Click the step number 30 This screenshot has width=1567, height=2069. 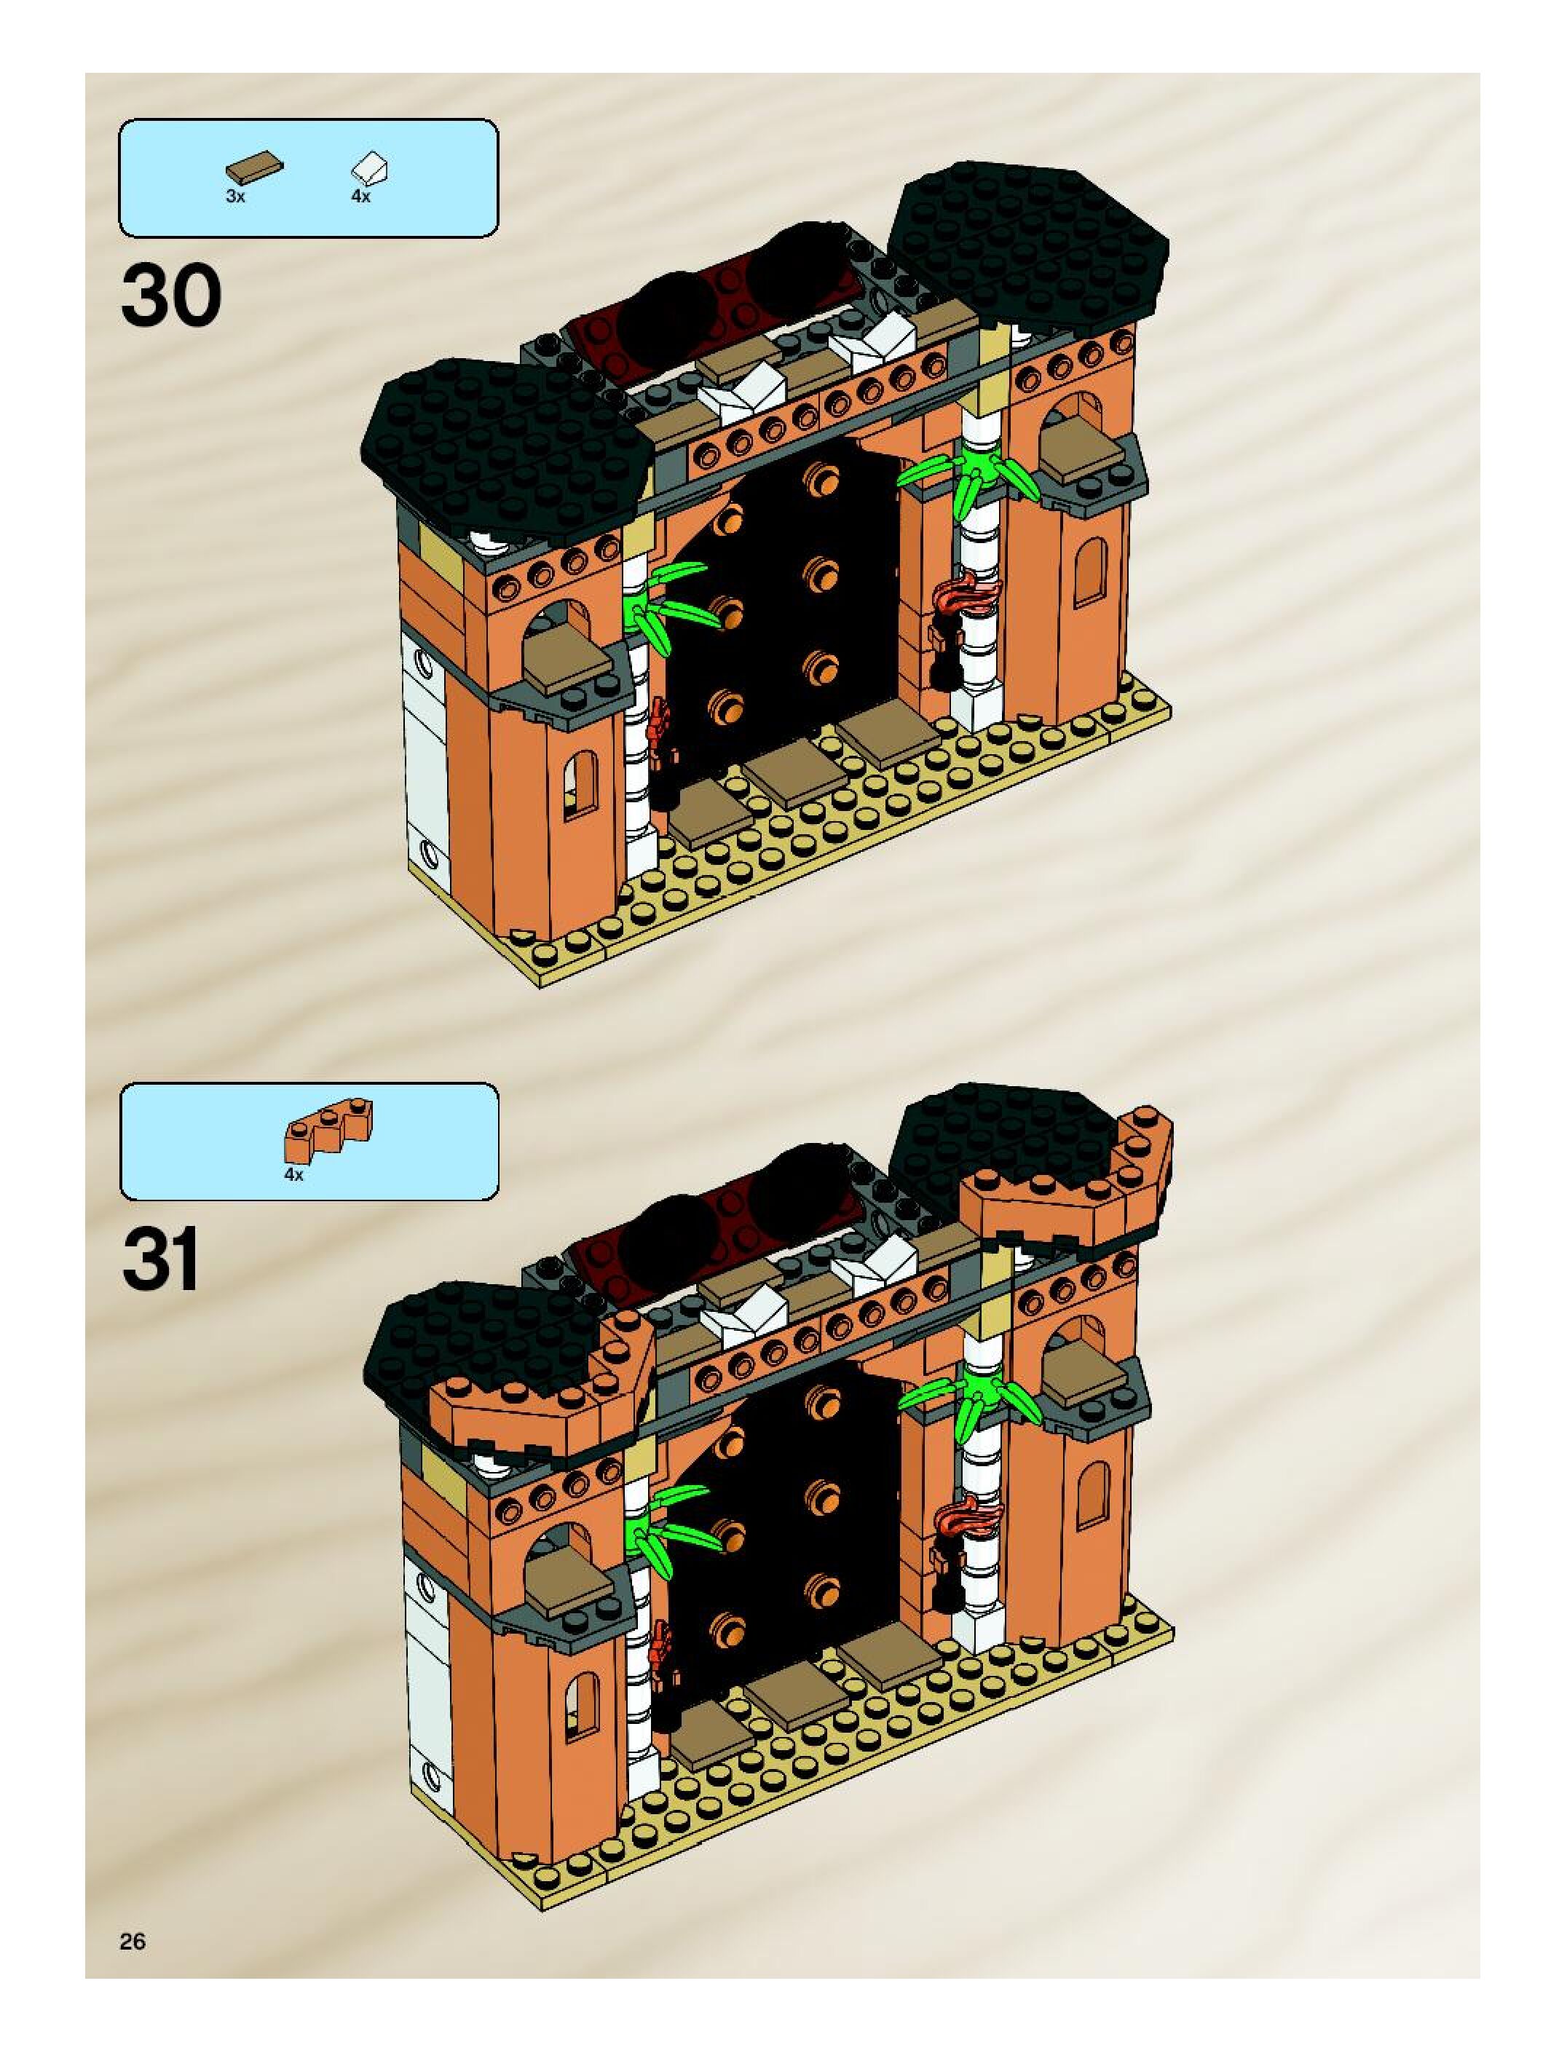[171, 295]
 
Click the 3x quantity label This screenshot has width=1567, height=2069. [234, 197]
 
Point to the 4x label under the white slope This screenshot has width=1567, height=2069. [360, 197]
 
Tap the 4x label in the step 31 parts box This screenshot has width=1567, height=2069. [293, 1176]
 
